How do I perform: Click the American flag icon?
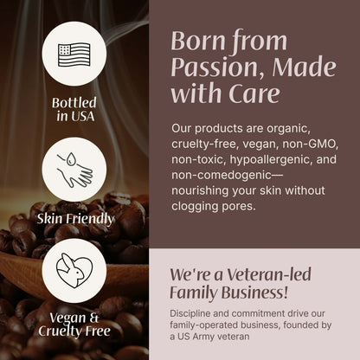[74, 53]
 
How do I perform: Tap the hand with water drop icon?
[74, 169]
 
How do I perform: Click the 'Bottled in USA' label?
[74, 110]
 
